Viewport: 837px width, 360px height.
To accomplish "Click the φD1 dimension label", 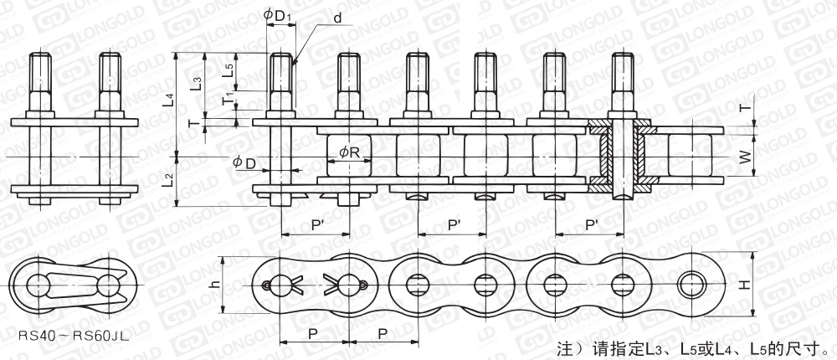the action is pos(278,16).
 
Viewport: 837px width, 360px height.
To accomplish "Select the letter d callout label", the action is pos(337,18).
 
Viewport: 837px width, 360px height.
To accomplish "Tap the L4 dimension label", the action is pos(169,101).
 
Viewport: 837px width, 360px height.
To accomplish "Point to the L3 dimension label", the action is pos(197,84).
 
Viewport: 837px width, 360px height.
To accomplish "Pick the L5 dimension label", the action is pos(228,71).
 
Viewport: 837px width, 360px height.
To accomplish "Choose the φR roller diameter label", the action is pos(348,153).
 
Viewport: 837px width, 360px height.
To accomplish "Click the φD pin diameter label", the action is pos(244,163).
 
